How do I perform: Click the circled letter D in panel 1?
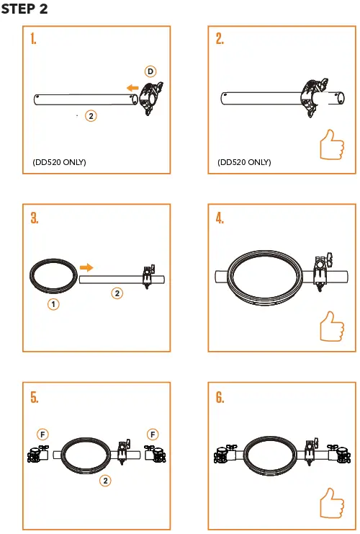(150, 71)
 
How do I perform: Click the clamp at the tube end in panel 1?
(152, 99)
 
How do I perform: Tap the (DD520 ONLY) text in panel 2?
(244, 162)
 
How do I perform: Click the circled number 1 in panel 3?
(53, 305)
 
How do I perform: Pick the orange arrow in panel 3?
(86, 267)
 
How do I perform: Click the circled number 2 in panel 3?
(117, 293)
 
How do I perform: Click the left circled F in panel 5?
(43, 434)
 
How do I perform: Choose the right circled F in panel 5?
(153, 434)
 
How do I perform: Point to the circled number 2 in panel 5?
(105, 481)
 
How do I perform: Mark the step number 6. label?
(220, 397)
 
